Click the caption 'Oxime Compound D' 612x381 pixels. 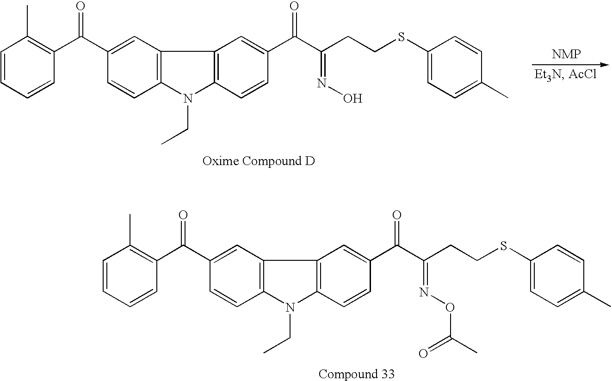pos(259,161)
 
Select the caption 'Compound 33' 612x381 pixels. pos(356,374)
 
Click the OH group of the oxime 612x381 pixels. pos(352,98)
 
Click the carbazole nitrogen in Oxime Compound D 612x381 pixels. pos(187,98)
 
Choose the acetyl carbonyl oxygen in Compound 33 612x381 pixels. pos(423,355)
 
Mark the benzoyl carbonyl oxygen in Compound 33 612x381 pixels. pos(183,215)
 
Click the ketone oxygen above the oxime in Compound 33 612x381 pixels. pos(396,215)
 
